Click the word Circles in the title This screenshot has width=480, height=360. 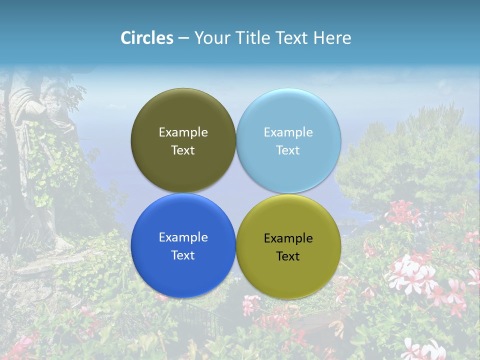click(146, 37)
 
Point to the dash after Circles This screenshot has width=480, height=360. click(183, 38)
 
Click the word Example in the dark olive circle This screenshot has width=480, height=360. click(183, 132)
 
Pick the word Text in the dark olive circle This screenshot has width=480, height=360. click(183, 150)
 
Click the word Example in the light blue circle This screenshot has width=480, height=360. click(288, 132)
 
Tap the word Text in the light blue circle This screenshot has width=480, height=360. click(288, 150)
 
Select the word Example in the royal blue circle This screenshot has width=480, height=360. click(183, 237)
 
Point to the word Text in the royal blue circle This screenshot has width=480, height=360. click(183, 255)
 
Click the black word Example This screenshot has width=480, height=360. click(288, 238)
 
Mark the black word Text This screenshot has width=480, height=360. click(288, 256)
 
